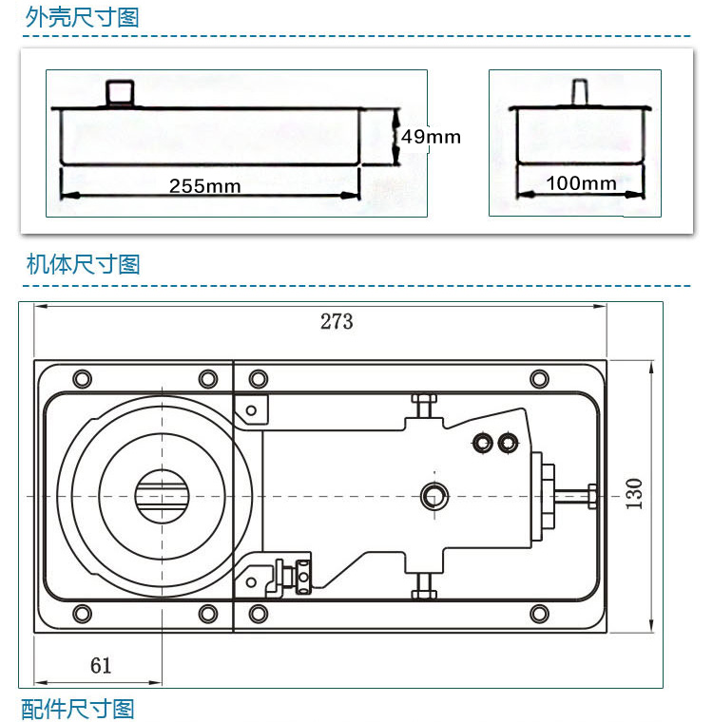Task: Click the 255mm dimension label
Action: coord(204,185)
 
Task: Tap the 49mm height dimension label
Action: coord(431,136)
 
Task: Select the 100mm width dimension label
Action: coord(582,182)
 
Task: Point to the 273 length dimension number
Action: coord(337,321)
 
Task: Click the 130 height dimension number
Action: coord(635,493)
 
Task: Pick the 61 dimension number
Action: coord(101,665)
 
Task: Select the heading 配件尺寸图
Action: coord(78,709)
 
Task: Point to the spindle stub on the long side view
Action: coord(120,94)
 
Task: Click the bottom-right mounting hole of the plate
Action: coord(539,613)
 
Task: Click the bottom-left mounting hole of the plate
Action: coord(82,613)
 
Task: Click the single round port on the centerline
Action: coord(435,494)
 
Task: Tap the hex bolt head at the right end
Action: coord(591,495)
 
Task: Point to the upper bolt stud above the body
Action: coord(423,407)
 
